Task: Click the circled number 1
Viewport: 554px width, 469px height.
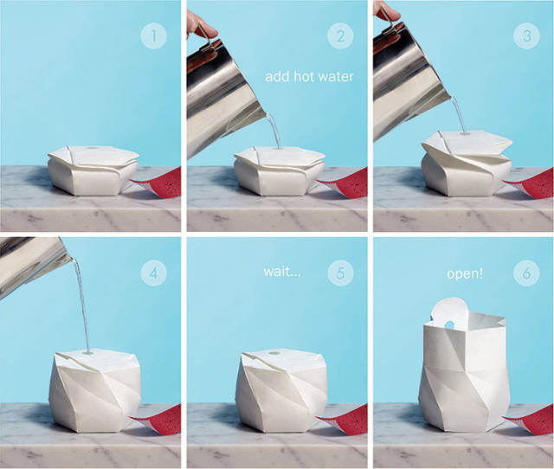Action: (x=154, y=35)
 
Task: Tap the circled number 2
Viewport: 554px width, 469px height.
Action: (x=340, y=35)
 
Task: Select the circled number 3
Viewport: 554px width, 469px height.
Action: (x=526, y=35)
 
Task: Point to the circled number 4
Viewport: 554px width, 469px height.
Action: (x=154, y=273)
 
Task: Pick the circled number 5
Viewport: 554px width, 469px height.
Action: (x=340, y=273)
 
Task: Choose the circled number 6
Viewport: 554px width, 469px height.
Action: (x=526, y=273)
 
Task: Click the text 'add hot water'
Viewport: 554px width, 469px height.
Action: (x=309, y=77)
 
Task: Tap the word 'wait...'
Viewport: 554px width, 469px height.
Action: (x=282, y=272)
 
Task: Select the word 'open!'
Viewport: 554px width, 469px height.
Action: (x=465, y=273)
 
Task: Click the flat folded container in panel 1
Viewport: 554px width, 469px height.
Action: (x=93, y=170)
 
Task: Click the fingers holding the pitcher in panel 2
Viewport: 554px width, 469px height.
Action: (x=201, y=24)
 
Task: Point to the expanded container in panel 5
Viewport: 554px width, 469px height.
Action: (x=281, y=390)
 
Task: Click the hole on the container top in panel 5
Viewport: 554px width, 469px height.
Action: (x=274, y=353)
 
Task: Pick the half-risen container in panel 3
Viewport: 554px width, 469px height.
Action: (x=467, y=164)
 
